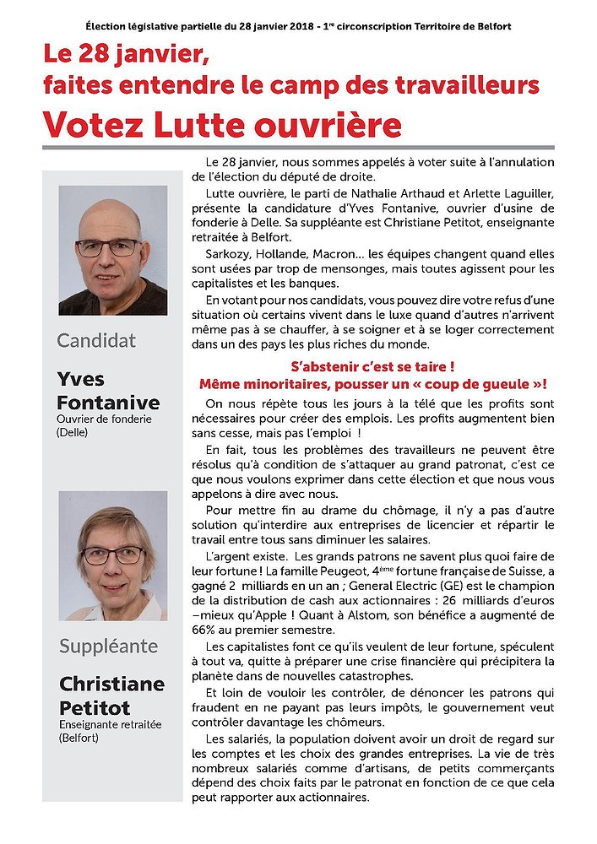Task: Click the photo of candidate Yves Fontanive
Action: pyautogui.click(x=113, y=251)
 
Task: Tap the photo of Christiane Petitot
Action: pyautogui.click(x=113, y=555)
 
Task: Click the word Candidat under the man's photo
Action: pyautogui.click(x=96, y=340)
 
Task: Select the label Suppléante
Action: pyautogui.click(x=108, y=646)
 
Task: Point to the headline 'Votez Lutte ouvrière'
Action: pyautogui.click(x=222, y=124)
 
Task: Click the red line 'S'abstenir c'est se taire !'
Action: pyautogui.click(x=372, y=367)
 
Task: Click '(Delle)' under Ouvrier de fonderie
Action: pyautogui.click(x=73, y=432)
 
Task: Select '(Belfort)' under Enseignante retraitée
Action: pyautogui.click(x=78, y=737)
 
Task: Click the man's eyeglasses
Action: pyautogui.click(x=108, y=247)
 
